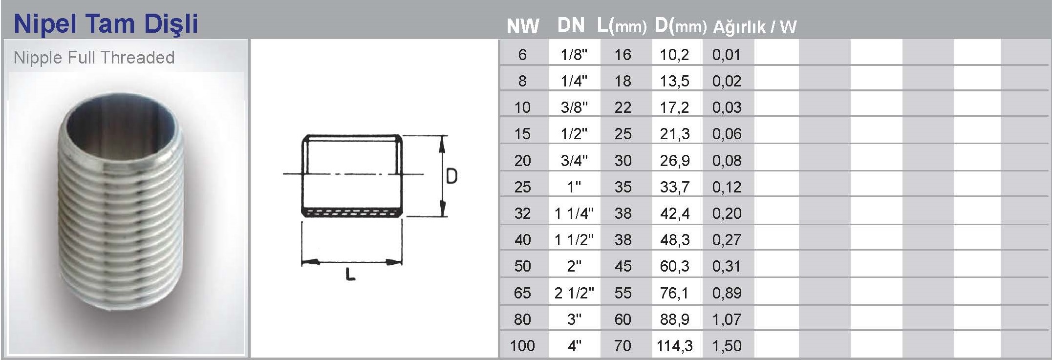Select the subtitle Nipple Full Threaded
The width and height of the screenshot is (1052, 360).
[94, 58]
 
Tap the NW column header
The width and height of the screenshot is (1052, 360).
[522, 26]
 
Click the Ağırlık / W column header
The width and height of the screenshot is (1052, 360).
[754, 26]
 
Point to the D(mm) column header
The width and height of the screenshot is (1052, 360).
[681, 26]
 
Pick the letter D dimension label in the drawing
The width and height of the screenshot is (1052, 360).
[452, 176]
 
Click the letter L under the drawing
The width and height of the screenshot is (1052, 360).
[350, 275]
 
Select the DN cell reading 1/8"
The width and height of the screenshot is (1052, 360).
[574, 54]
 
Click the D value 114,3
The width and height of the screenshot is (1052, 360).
[674, 346]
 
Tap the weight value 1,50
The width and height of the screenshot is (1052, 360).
[727, 346]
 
